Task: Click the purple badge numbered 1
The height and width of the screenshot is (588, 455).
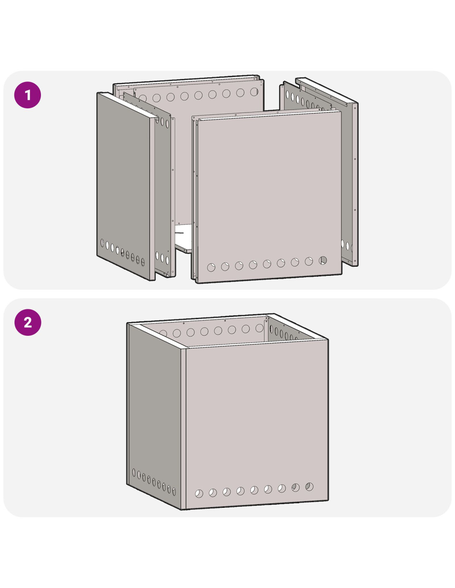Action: (x=28, y=95)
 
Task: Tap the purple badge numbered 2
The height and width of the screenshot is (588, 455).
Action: (x=28, y=322)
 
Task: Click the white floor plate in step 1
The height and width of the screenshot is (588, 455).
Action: (x=183, y=238)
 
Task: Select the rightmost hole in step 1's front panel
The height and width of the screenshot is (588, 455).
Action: (x=323, y=261)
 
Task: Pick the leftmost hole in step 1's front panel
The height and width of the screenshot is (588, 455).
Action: (x=211, y=268)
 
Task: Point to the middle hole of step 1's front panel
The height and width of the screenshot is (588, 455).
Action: (x=267, y=264)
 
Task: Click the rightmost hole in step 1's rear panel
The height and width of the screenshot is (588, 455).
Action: (x=254, y=92)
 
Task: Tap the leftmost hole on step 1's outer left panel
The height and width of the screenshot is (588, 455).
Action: (x=102, y=242)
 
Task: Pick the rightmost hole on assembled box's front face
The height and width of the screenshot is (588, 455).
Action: (x=309, y=487)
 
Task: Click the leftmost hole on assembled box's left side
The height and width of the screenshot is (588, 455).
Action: (x=134, y=473)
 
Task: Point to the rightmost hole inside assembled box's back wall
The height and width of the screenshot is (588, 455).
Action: (x=259, y=328)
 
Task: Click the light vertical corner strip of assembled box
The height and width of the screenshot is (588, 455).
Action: (x=184, y=428)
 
